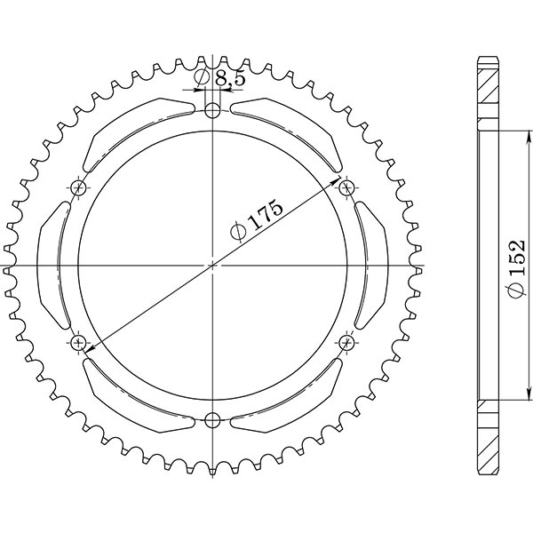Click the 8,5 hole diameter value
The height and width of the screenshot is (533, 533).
click(x=229, y=79)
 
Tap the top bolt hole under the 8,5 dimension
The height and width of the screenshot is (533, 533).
click(x=212, y=110)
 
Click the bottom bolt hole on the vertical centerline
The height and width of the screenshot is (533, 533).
click(x=212, y=420)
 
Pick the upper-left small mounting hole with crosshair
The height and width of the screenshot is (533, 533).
click(x=79, y=187)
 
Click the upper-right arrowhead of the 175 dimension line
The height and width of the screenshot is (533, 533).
click(x=340, y=190)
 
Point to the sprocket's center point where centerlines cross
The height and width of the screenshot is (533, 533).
click(x=212, y=265)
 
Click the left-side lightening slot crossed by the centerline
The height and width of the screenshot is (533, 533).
click(x=55, y=265)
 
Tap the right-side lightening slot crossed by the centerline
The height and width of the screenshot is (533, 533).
click(x=370, y=265)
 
